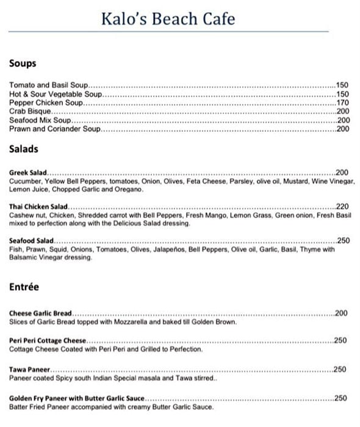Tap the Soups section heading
23,64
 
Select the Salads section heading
24,149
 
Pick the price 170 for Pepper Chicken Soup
342,103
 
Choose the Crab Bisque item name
31,112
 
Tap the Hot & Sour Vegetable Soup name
55,95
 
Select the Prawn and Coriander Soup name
54,129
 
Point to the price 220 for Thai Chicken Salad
342,207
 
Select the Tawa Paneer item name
29,370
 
